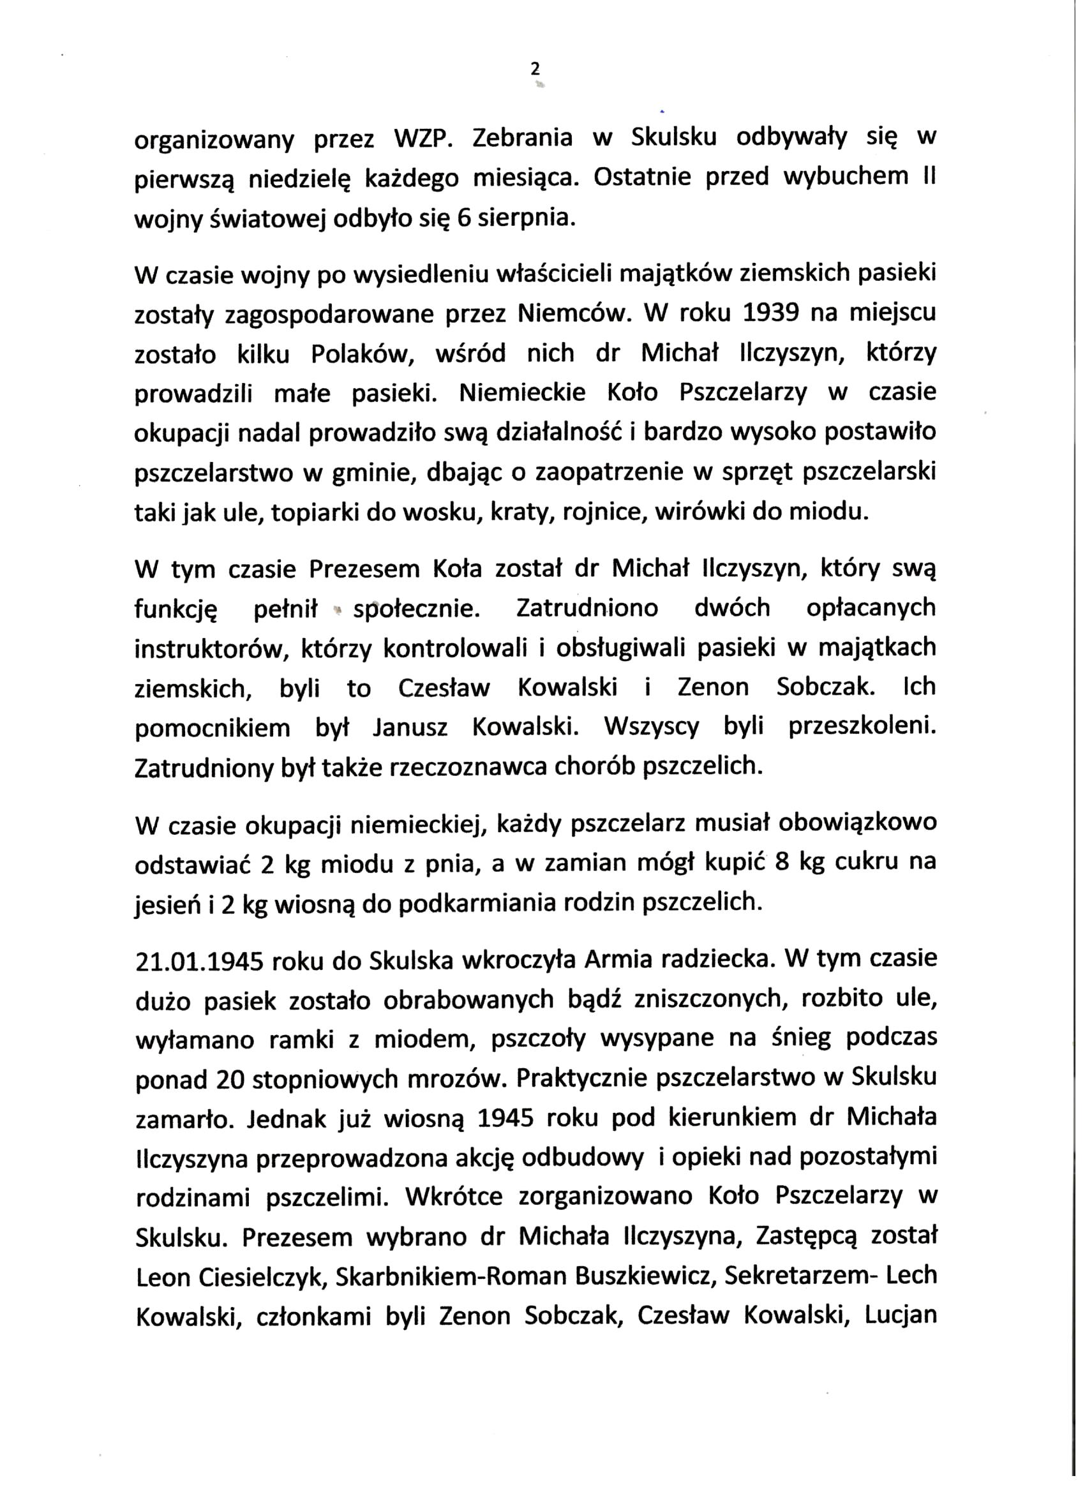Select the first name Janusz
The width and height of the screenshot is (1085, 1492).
(410, 727)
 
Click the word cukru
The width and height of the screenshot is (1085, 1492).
(868, 862)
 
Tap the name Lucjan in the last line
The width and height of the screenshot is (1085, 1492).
(900, 1316)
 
